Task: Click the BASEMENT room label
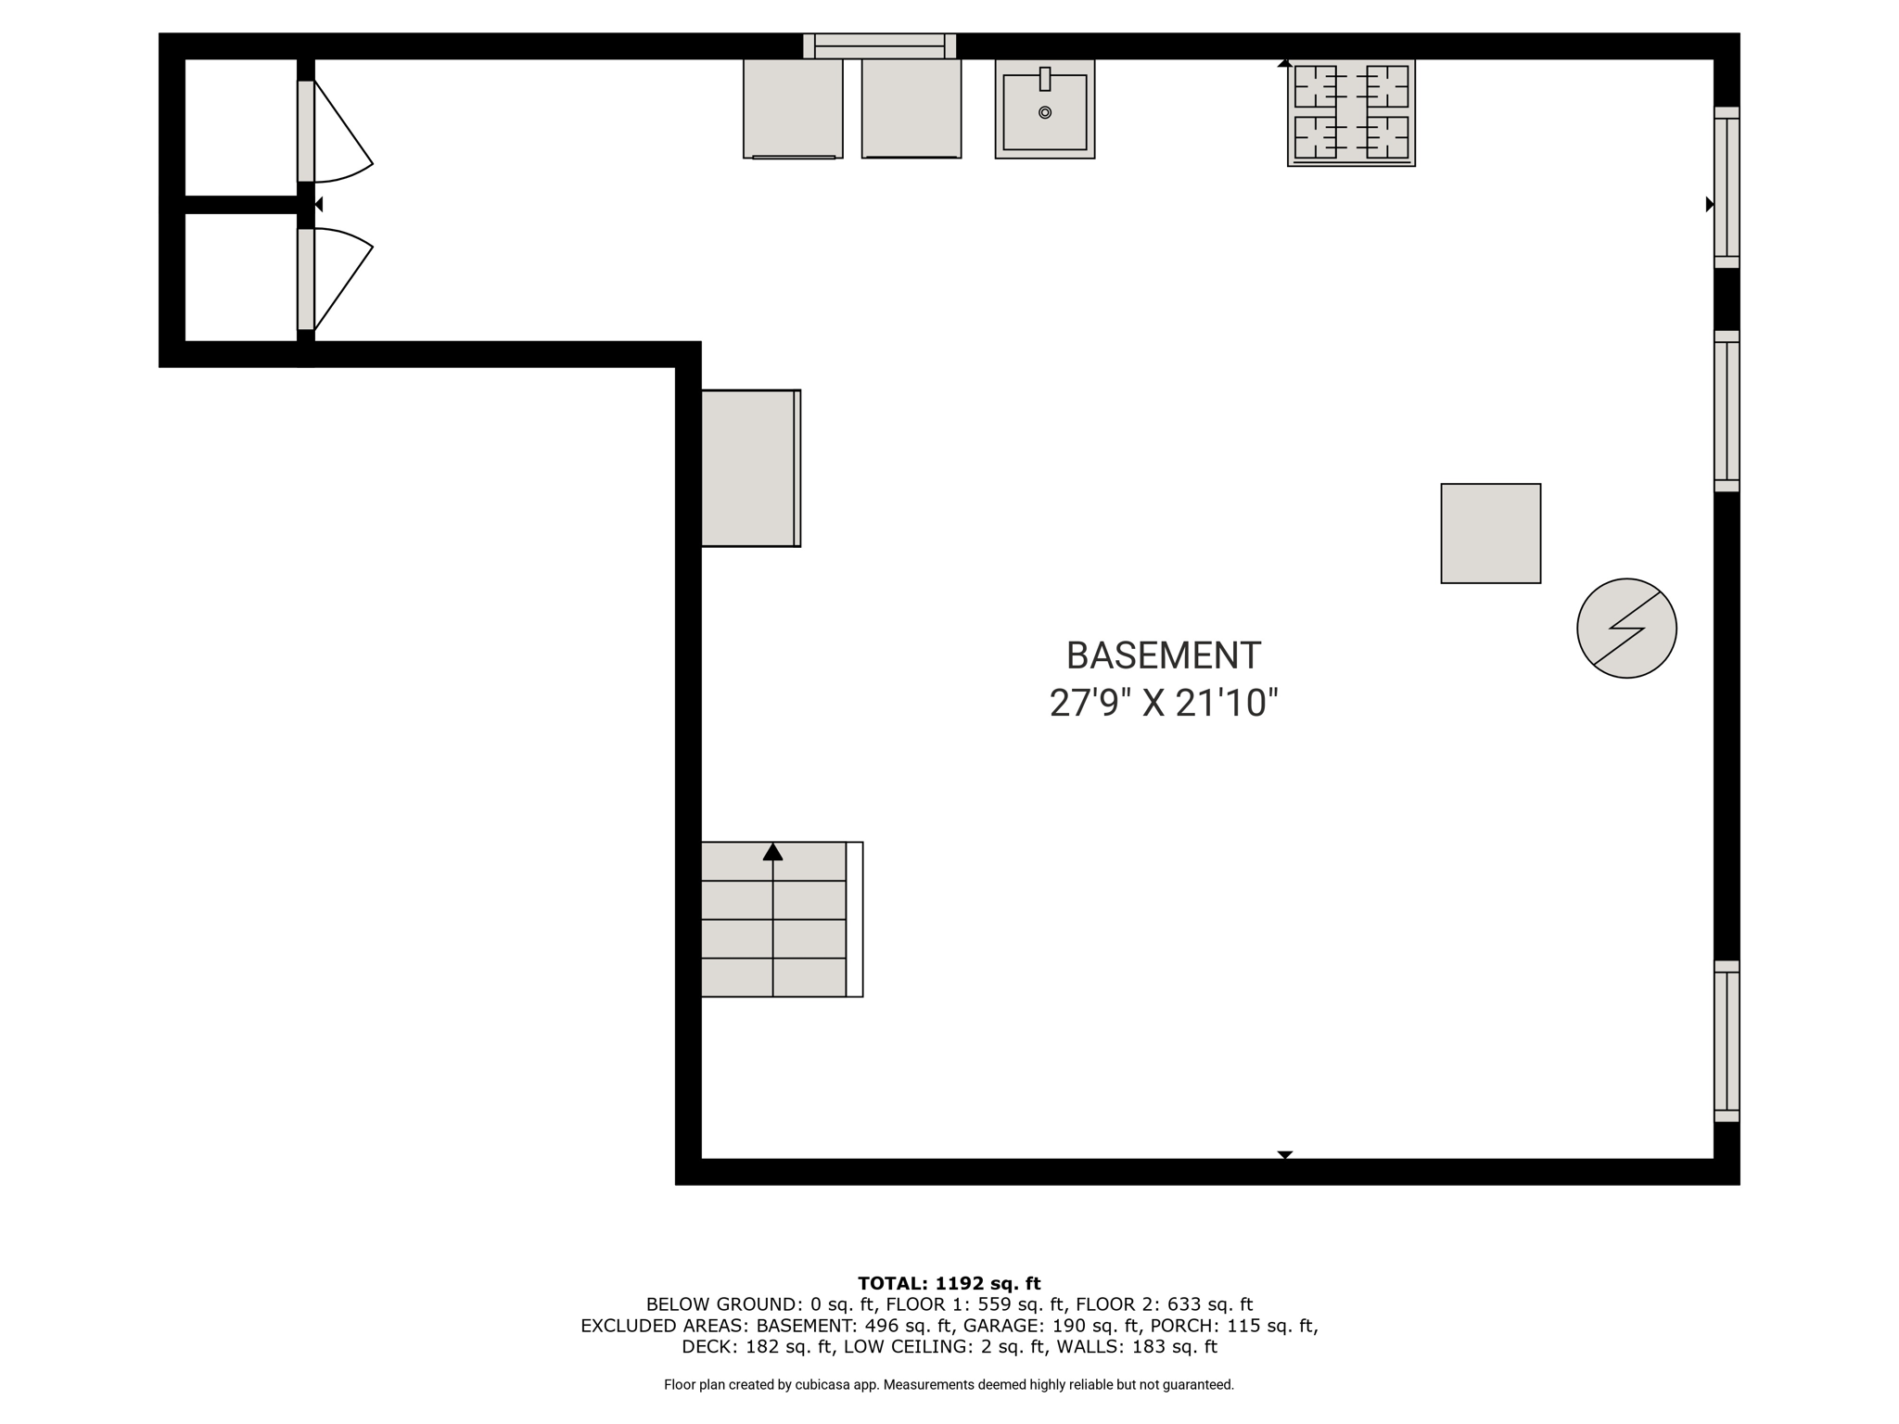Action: [x=1163, y=655]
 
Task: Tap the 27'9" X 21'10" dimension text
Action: [x=1164, y=703]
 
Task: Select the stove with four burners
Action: [x=1351, y=113]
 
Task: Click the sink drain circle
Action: [x=1045, y=112]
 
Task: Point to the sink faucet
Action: [x=1045, y=79]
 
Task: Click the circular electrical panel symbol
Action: [x=1626, y=629]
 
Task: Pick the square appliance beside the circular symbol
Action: [x=1490, y=533]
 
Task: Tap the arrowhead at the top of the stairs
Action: [x=772, y=851]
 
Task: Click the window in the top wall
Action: [x=879, y=45]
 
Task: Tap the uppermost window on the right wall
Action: [x=1726, y=187]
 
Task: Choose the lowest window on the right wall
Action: [x=1726, y=1041]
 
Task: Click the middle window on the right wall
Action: [x=1726, y=411]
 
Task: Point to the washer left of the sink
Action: [x=911, y=108]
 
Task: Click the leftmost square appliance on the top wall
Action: [x=793, y=108]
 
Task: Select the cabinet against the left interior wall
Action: [x=750, y=468]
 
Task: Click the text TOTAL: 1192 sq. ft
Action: [x=949, y=1283]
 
